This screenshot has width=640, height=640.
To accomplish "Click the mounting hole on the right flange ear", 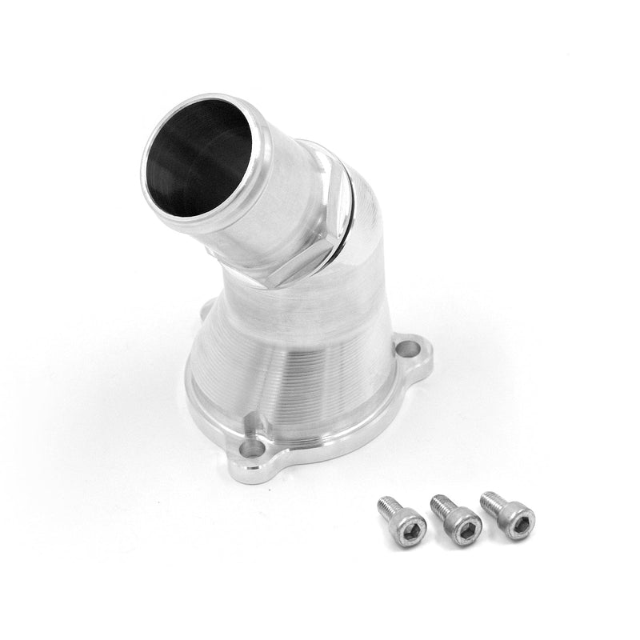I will tap(410, 349).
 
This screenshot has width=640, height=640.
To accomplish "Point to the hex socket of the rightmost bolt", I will tap(519, 524).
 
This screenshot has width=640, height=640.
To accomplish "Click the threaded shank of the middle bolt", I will tap(441, 505).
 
